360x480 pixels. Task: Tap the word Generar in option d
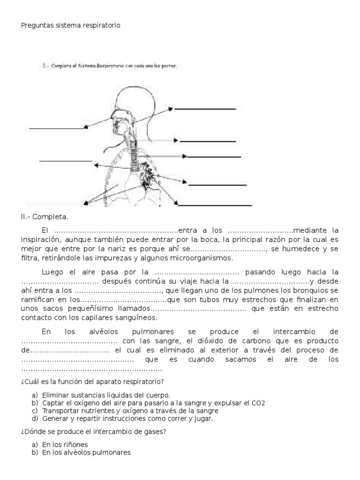pyautogui.click(x=55, y=419)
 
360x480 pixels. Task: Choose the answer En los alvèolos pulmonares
pyautogui.click(x=87, y=452)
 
